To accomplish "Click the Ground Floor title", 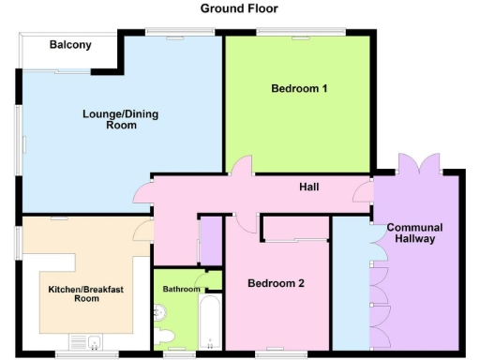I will pyautogui.click(x=239, y=8).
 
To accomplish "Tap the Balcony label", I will pyautogui.click(x=70, y=44).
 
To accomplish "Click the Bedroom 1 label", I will pyautogui.click(x=298, y=89).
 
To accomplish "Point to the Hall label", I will pyautogui.click(x=308, y=187).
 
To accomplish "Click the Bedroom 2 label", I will pyautogui.click(x=276, y=282).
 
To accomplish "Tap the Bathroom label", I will pyautogui.click(x=182, y=290).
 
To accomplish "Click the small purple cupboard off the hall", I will pyautogui.click(x=211, y=240).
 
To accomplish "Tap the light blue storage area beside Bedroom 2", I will pyautogui.click(x=351, y=281).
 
